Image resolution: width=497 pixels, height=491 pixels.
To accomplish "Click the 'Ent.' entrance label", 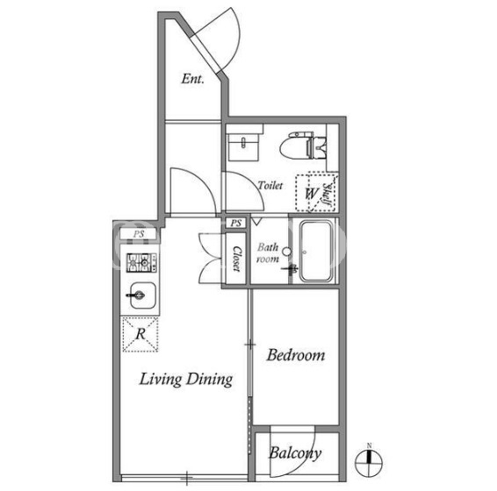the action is click(192, 79).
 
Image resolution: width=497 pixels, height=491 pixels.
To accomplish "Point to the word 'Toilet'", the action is click(270, 185).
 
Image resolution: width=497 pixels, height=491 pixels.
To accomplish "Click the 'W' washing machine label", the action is click(311, 193).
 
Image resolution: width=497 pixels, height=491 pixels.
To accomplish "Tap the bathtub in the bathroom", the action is click(317, 251).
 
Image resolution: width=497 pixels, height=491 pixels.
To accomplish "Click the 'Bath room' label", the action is click(268, 253).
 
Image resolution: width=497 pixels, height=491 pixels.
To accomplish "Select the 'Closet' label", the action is click(237, 259).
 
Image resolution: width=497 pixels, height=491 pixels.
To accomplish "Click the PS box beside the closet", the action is click(236, 224).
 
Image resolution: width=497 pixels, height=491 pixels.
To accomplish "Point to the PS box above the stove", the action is click(139, 234).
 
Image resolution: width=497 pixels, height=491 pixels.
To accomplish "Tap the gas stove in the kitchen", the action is click(141, 262).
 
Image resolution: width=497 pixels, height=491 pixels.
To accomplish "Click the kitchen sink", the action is click(142, 295).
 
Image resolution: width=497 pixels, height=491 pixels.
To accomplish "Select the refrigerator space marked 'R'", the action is click(140, 334).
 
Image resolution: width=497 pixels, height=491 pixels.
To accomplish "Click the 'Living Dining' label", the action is click(186, 380).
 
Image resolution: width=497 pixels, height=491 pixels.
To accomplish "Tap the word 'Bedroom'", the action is click(295, 355).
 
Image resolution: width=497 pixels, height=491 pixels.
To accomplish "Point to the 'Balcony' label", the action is click(295, 453).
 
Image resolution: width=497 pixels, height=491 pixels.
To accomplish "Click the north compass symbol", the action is click(369, 461).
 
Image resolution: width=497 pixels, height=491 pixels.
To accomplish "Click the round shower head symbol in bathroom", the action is click(286, 252).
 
